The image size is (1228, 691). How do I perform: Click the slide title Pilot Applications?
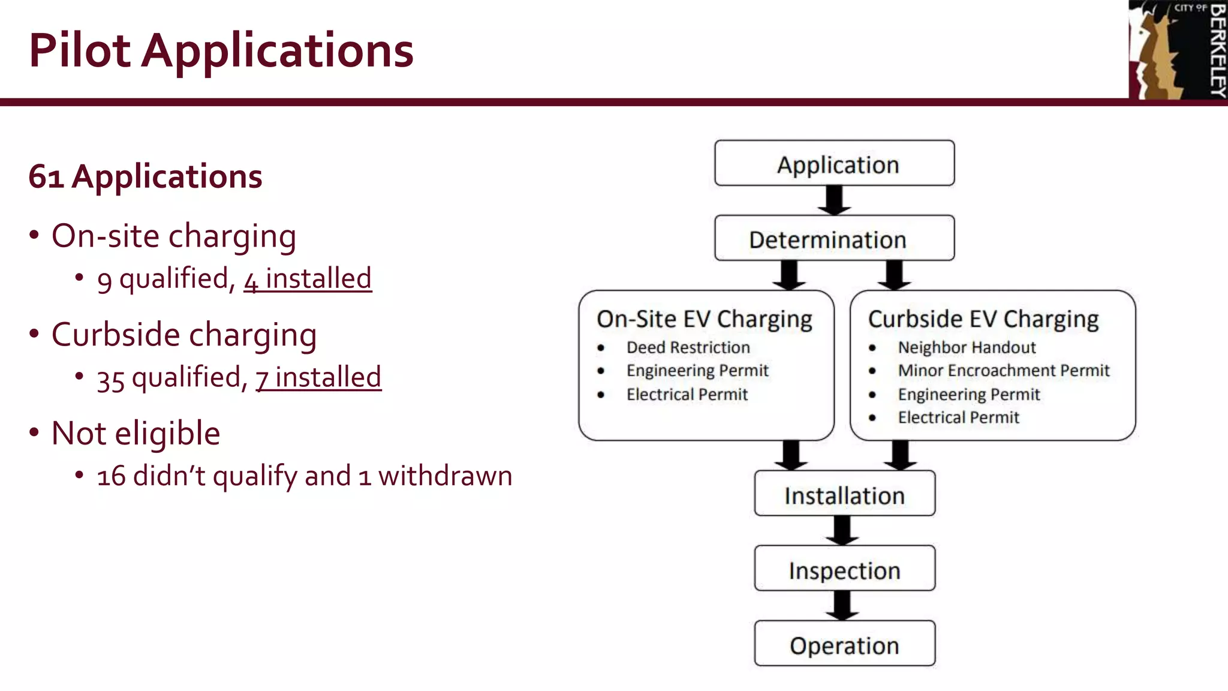(221, 50)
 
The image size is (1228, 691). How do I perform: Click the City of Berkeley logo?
(1177, 50)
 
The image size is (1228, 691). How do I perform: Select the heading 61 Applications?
(145, 176)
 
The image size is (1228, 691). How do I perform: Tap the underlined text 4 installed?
(308, 279)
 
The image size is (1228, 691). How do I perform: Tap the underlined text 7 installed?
(318, 377)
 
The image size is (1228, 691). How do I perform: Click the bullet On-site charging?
(173, 236)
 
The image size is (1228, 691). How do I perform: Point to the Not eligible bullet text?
(136, 433)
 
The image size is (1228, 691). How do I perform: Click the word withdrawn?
(445, 476)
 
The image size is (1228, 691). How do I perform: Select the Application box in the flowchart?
(834, 163)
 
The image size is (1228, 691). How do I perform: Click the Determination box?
(834, 238)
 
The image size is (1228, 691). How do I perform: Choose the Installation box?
(844, 494)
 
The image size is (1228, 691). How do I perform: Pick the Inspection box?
(844, 569)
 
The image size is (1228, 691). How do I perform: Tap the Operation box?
(844, 644)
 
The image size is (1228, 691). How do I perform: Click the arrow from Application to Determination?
(834, 200)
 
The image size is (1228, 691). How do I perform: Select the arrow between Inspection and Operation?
(842, 605)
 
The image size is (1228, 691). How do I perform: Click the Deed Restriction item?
(688, 347)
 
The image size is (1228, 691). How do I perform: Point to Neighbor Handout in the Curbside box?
(967, 347)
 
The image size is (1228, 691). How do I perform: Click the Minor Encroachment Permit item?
(1003, 371)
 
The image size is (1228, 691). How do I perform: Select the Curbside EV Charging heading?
(983, 319)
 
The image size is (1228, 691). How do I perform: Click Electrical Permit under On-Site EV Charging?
(687, 395)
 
